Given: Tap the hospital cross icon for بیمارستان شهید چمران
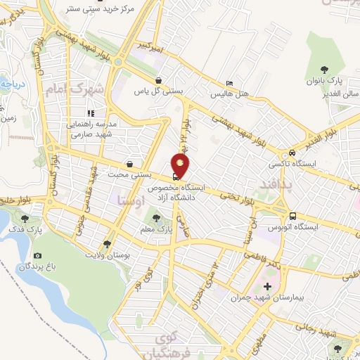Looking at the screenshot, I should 266,286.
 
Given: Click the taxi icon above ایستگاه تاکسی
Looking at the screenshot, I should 291,153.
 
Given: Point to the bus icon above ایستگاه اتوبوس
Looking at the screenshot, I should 292,216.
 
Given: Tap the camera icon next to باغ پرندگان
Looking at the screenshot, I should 37,256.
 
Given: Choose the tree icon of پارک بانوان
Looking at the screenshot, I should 324,69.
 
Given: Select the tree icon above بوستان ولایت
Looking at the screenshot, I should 107,244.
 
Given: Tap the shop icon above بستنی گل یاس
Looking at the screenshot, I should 160,80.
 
